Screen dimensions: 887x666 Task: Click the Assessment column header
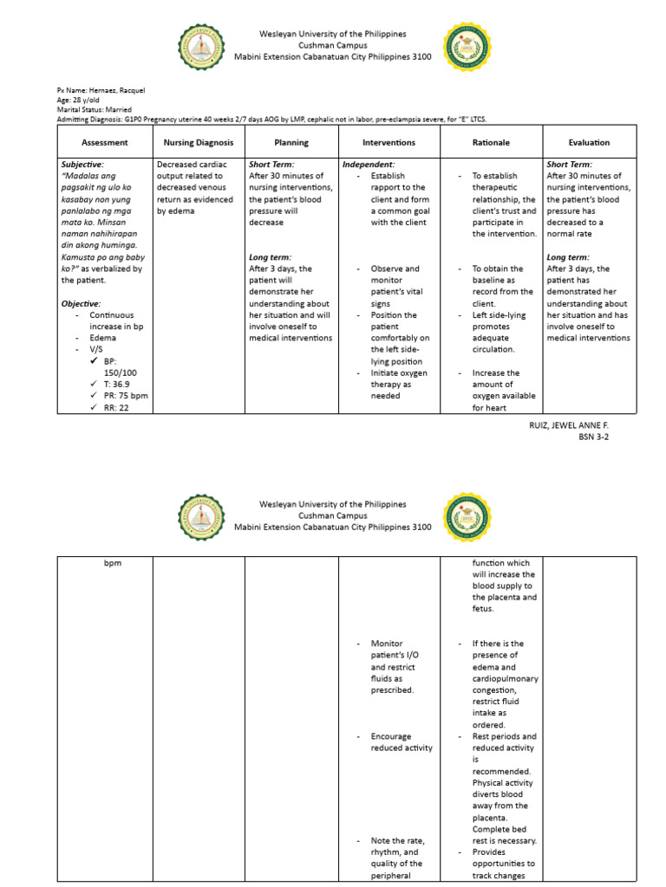104,142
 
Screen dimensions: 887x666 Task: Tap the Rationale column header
491,142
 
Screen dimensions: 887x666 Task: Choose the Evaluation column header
589,142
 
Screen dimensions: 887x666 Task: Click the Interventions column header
388,142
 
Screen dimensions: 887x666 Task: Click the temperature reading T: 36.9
118,384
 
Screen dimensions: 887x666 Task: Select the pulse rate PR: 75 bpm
126,395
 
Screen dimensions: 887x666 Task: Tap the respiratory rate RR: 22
116,407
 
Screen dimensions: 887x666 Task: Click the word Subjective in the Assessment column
82,164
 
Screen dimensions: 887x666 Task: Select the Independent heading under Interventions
369,164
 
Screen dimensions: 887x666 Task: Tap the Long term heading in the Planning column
270,257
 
